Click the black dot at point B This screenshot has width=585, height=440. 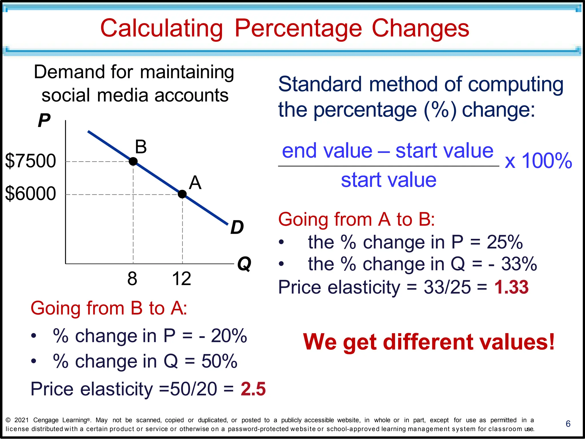coord(133,161)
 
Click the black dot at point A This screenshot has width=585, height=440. coord(182,194)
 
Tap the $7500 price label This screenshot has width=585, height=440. coord(31,161)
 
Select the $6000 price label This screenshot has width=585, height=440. coord(31,193)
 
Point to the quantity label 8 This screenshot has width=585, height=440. coord(132,279)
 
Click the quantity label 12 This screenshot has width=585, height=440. coord(182,279)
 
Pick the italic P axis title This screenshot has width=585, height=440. coord(44,120)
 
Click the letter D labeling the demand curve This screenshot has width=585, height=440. coord(237,227)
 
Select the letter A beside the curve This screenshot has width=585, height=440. coord(195,183)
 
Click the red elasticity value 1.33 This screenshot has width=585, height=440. coord(511,287)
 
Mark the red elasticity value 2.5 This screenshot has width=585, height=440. coord(253,389)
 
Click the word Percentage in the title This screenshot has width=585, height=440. coord(298,28)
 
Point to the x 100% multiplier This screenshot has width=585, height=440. coord(538,161)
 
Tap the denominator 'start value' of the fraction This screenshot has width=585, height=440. coord(389,180)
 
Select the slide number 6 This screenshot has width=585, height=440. coord(568,424)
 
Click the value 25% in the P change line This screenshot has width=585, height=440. coord(505,242)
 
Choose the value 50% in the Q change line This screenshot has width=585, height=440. coord(219,361)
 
